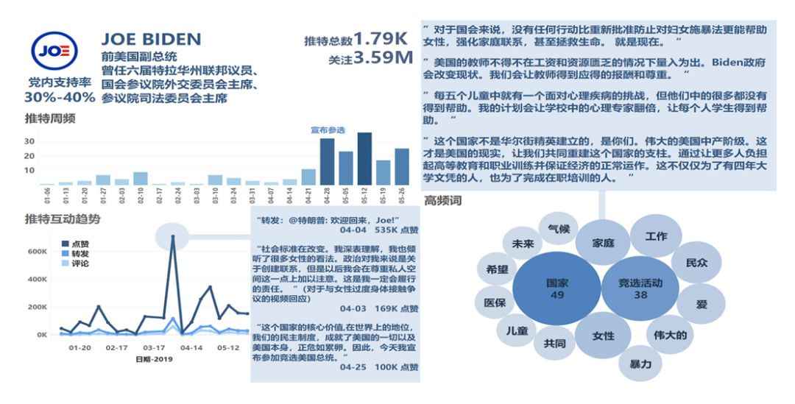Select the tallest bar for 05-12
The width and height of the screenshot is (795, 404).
click(364, 158)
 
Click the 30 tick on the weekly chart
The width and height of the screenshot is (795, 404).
click(30, 141)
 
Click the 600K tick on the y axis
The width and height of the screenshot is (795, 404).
click(37, 251)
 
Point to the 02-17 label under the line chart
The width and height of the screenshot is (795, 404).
click(116, 348)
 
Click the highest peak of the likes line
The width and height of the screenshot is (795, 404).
click(173, 237)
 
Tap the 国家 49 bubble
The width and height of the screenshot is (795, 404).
click(556, 288)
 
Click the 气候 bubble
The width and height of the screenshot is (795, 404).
click(559, 229)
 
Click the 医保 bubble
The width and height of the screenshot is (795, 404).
click(495, 302)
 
